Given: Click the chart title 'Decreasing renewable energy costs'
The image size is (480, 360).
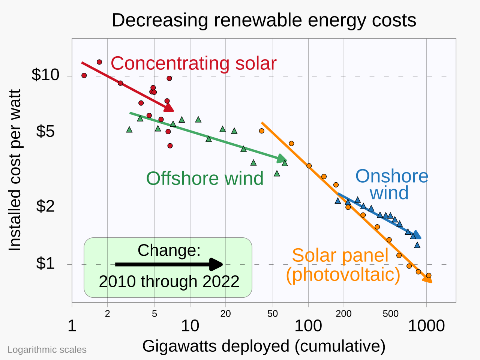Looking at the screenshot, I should (x=264, y=20).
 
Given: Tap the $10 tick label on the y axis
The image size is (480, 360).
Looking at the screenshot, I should (x=45, y=75).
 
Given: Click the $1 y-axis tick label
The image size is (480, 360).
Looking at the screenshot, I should (x=45, y=264).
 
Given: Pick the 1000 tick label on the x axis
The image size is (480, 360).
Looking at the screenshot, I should (x=426, y=326).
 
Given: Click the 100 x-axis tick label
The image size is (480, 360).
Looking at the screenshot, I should (x=308, y=326).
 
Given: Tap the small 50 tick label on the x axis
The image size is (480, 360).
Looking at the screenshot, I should (x=273, y=314).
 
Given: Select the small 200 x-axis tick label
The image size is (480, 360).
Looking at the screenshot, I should (x=343, y=314).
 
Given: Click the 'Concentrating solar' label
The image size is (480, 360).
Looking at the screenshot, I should (x=193, y=63).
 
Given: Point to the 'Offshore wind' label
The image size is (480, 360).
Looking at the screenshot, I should (x=205, y=178).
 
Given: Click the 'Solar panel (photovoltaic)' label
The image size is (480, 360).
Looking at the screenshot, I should (x=343, y=265).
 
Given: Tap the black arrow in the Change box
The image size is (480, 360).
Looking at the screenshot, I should (x=169, y=264).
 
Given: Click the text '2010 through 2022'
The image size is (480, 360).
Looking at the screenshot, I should (x=169, y=282).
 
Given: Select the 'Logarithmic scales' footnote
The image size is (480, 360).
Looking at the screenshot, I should (x=47, y=350).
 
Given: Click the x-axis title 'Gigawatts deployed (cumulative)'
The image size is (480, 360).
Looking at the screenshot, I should (x=264, y=346).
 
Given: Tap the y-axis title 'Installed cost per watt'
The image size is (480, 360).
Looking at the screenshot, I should (x=15, y=170).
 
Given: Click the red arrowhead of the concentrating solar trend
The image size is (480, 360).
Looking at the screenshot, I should (x=169, y=107).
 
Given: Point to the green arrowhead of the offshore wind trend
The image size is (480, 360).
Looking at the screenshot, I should (x=282, y=159).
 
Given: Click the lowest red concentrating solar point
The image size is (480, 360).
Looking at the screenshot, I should (x=170, y=145).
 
